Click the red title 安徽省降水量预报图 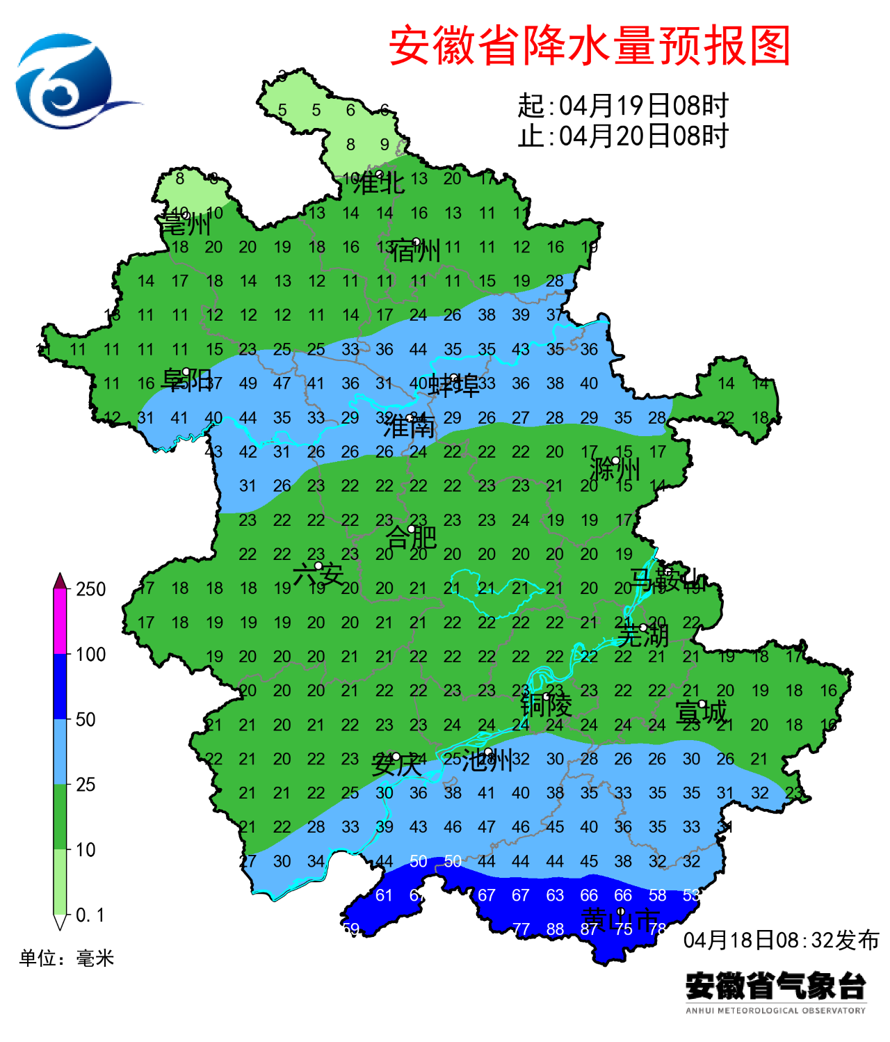coord(590,46)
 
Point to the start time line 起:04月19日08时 coord(622,106)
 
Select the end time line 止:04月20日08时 coord(622,136)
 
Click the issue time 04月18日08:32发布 coord(781,940)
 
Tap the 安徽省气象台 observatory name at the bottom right coord(776,986)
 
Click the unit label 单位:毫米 coord(67,959)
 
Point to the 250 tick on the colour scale coord(90,589)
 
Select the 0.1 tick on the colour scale coord(90,915)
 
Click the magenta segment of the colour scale coord(60,621)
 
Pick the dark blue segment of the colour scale coord(60,687)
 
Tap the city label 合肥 coord(410,538)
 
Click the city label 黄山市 coord(620,920)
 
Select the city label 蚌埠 coord(453,385)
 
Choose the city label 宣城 coord(700,712)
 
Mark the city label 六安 coord(318,575)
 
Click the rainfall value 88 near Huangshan coord(555,929)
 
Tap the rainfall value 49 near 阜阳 coord(248,383)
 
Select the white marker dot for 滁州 coord(615,460)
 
